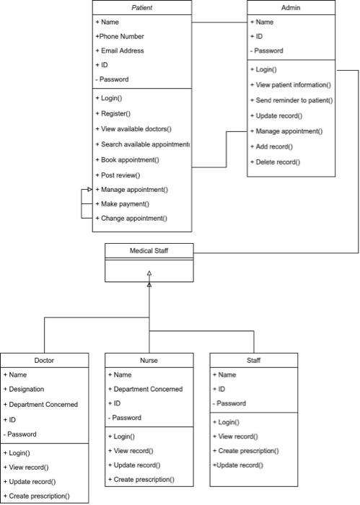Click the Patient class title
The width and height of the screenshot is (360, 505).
tap(142, 7)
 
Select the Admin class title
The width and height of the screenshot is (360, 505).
tap(291, 7)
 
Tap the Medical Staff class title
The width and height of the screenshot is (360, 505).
tap(149, 250)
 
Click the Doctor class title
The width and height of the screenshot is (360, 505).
tap(44, 360)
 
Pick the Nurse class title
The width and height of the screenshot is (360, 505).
tap(149, 360)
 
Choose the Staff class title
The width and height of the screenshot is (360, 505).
tap(253, 360)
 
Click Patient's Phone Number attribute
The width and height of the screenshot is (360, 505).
tap(120, 36)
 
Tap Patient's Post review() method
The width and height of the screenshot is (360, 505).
tap(120, 175)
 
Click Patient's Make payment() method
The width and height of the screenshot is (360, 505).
tap(125, 203)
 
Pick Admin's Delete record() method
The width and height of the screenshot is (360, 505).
tap(276, 162)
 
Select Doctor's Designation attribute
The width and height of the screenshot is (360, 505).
tap(27, 390)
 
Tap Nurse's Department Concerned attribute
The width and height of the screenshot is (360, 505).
tap(146, 389)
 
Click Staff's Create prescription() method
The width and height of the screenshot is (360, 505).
tap(246, 451)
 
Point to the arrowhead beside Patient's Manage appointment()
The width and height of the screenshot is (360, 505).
tap(89, 189)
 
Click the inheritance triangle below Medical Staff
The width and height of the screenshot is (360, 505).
tap(149, 274)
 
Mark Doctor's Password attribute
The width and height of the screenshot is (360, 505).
tap(22, 434)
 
